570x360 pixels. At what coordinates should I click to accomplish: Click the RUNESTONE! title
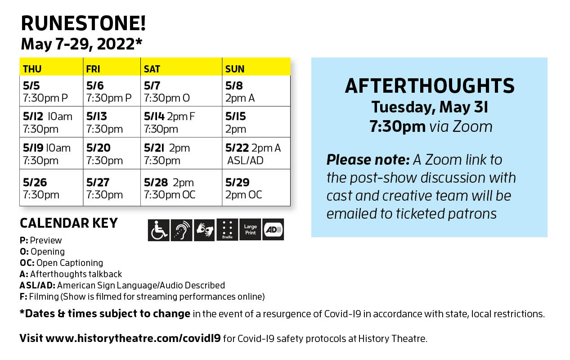pos(83,23)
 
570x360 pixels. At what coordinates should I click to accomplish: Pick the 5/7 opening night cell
pos(181,91)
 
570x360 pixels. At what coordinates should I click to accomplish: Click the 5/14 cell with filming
pos(181,122)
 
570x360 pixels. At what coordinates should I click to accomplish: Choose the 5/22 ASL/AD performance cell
pos(256,153)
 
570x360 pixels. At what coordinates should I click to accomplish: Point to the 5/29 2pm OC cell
pos(256,188)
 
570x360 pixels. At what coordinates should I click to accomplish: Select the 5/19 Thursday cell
pos(51,153)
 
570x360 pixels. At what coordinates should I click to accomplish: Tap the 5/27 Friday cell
pos(112,188)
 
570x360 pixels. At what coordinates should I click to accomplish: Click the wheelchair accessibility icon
pos(158,230)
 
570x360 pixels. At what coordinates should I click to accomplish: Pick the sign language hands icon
pos(204,230)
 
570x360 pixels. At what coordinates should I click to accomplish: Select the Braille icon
pos(227,229)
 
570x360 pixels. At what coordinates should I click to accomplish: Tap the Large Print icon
pos(250,229)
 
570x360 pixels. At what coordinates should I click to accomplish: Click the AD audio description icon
pos(273,229)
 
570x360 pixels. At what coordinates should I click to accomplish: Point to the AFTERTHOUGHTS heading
pos(430,86)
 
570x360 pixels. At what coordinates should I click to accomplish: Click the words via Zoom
pos(461,126)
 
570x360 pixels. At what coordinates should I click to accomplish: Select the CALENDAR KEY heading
pos(69,223)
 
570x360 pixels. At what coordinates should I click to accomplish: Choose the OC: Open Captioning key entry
pos(61,263)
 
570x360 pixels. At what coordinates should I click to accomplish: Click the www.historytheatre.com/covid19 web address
pos(133,338)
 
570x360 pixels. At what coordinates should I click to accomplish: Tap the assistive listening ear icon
pos(181,230)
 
